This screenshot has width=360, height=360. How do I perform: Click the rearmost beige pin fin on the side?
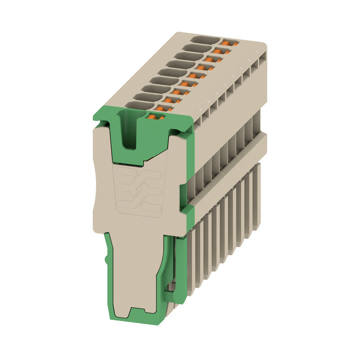[x=258, y=189]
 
